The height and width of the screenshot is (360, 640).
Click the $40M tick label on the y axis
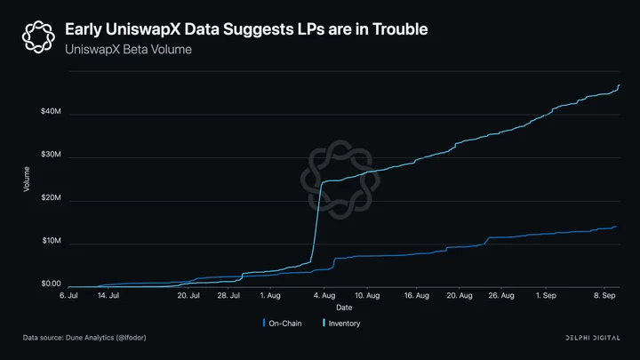point(51,111)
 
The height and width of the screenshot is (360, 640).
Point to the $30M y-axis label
point(51,155)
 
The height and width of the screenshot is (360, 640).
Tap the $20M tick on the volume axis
point(51,197)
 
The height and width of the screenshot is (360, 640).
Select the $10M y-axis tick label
point(52,241)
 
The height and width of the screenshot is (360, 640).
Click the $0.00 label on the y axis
point(51,284)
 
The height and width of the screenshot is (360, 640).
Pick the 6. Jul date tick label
point(68,295)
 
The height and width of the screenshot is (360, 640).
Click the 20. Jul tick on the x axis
point(188,295)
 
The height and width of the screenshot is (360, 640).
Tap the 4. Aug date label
point(324,295)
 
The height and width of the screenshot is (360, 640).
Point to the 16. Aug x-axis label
point(417,295)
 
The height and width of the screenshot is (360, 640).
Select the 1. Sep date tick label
point(546,295)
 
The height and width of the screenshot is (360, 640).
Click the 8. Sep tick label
point(604,295)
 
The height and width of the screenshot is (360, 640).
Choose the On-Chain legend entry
point(283,324)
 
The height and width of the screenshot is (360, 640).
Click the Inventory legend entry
point(341,324)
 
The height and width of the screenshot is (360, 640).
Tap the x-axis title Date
point(344,308)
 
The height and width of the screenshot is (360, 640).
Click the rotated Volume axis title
point(27,180)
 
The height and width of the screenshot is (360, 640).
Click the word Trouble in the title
point(400,29)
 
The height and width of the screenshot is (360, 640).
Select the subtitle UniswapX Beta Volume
point(128,50)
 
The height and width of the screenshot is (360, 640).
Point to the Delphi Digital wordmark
point(593,338)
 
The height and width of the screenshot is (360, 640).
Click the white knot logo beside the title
point(38,36)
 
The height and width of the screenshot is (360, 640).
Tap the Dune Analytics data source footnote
point(84,338)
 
